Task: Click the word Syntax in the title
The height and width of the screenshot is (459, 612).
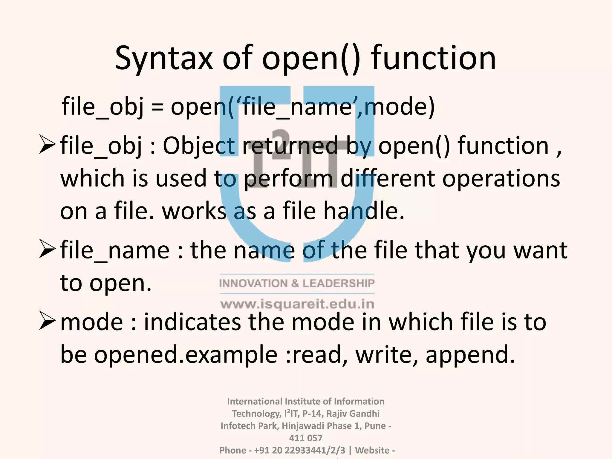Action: pyautogui.click(x=163, y=58)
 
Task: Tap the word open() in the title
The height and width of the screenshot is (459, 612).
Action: pyautogui.click(x=311, y=58)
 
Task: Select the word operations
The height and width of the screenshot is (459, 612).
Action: pyautogui.click(x=501, y=179)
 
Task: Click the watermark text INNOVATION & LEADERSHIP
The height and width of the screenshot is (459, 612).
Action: pyautogui.click(x=297, y=283)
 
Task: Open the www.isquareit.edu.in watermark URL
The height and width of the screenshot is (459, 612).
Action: pyautogui.click(x=297, y=304)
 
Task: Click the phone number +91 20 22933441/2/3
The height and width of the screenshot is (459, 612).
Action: pyautogui.click(x=299, y=450)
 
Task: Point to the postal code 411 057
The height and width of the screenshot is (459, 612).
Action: pyautogui.click(x=306, y=438)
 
